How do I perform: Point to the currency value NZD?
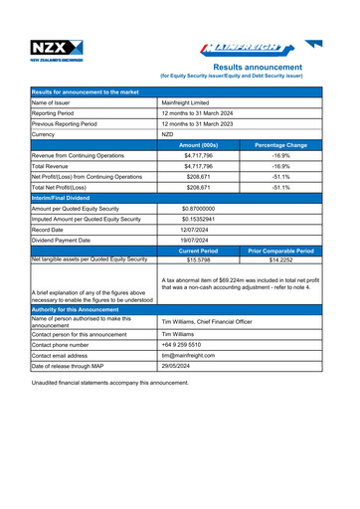[x=168, y=134]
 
